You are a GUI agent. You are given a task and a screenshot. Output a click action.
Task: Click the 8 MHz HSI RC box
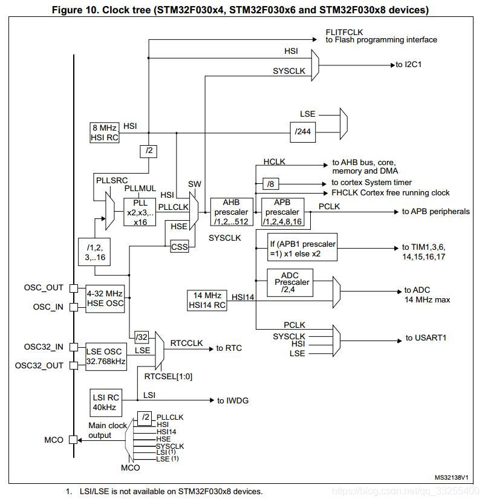pyautogui.click(x=105, y=132)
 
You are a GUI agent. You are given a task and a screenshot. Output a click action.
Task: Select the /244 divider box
pyautogui.click(x=302, y=132)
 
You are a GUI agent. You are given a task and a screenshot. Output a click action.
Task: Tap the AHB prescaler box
pyautogui.click(x=232, y=212)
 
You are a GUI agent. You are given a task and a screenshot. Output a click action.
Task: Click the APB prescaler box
pyautogui.click(x=282, y=212)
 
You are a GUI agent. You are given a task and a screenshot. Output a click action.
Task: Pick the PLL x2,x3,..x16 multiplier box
pyautogui.click(x=140, y=212)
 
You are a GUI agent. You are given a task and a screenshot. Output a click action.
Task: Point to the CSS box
pyautogui.click(x=179, y=247)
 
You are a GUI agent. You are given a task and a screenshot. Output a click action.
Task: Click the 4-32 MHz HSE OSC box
pyautogui.click(x=105, y=299)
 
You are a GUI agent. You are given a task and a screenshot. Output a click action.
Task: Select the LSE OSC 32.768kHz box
pyautogui.click(x=106, y=357)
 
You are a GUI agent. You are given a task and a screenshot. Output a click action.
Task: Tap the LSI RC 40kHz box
pyautogui.click(x=106, y=402)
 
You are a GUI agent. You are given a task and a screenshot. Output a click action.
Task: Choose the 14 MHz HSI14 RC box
pyautogui.click(x=207, y=301)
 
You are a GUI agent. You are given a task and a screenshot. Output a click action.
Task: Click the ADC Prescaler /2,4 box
pyautogui.click(x=290, y=282)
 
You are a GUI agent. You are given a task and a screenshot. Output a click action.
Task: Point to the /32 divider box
pyautogui.click(x=142, y=337)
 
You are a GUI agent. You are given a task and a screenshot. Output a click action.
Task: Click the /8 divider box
pyautogui.click(x=271, y=184)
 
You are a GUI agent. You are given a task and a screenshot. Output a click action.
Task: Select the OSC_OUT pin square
pyautogui.click(x=74, y=288)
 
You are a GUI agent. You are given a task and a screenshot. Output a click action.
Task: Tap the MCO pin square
pyautogui.click(x=73, y=440)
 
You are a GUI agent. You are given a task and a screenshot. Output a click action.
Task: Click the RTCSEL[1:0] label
pyautogui.click(x=168, y=376)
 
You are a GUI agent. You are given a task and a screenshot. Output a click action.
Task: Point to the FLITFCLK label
pyautogui.click(x=344, y=32)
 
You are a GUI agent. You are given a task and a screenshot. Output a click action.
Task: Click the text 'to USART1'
pyautogui.click(x=426, y=337)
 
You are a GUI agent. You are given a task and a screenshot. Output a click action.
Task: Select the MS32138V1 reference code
pyautogui.click(x=451, y=477)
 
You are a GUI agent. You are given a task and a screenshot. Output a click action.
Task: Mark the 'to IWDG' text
pyautogui.click(x=233, y=400)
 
